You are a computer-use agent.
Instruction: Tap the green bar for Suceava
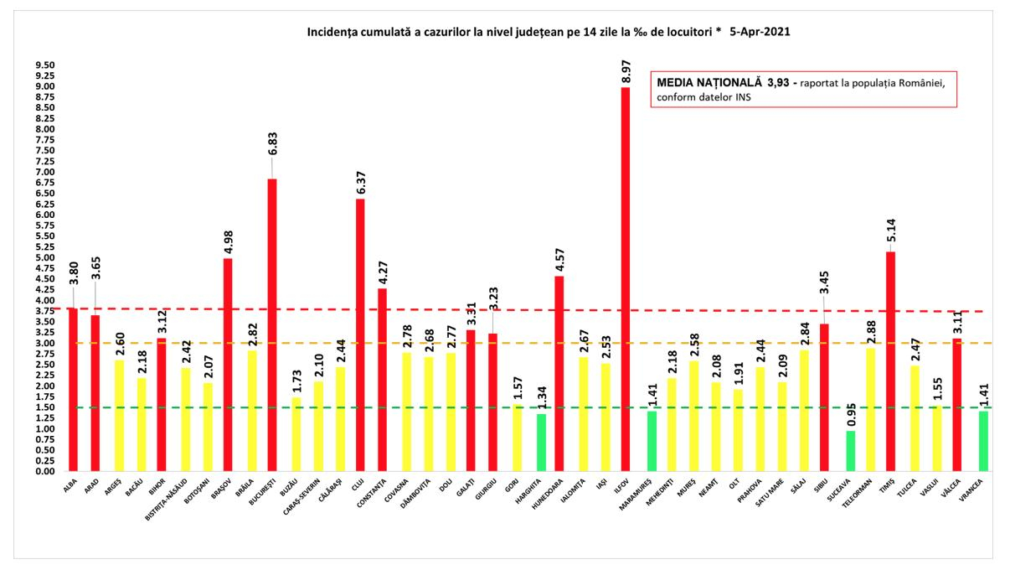click(851, 451)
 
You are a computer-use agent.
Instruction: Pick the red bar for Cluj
click(360, 335)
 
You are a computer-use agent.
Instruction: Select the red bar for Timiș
click(890, 361)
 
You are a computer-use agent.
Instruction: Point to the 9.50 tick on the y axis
click(44, 65)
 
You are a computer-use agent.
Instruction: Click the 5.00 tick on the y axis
click(44, 258)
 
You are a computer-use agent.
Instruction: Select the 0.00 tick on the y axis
click(44, 472)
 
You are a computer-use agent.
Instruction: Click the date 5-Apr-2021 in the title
click(759, 32)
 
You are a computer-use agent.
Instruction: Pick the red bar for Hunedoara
click(559, 374)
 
